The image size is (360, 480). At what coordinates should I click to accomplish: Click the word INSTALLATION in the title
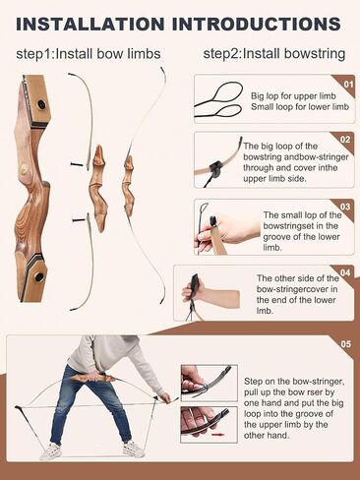click(x=90, y=25)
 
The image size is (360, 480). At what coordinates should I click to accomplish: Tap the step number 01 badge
click(x=348, y=85)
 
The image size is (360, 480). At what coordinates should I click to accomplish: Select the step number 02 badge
click(x=345, y=140)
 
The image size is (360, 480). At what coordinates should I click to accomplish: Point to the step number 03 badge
click(x=345, y=207)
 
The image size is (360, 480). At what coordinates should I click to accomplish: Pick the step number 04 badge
click(x=345, y=272)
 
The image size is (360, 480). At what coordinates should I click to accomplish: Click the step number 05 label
click(x=346, y=344)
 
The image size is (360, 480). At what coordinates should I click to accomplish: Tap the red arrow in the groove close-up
click(x=216, y=435)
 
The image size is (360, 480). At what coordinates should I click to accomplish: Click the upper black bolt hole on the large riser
click(x=41, y=104)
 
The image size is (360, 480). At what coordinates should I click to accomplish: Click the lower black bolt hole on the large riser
click(x=39, y=276)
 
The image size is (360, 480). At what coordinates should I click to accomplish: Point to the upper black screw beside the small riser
click(x=78, y=164)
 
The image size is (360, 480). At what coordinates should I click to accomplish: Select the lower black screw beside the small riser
click(x=80, y=220)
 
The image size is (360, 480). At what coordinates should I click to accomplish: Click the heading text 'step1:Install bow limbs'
click(x=89, y=54)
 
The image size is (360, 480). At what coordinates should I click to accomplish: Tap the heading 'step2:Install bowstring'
click(x=274, y=54)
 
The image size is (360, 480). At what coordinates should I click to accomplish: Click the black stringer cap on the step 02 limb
click(x=216, y=168)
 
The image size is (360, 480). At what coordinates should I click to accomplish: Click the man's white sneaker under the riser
click(x=134, y=450)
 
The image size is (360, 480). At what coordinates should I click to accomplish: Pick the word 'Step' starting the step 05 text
click(x=254, y=382)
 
